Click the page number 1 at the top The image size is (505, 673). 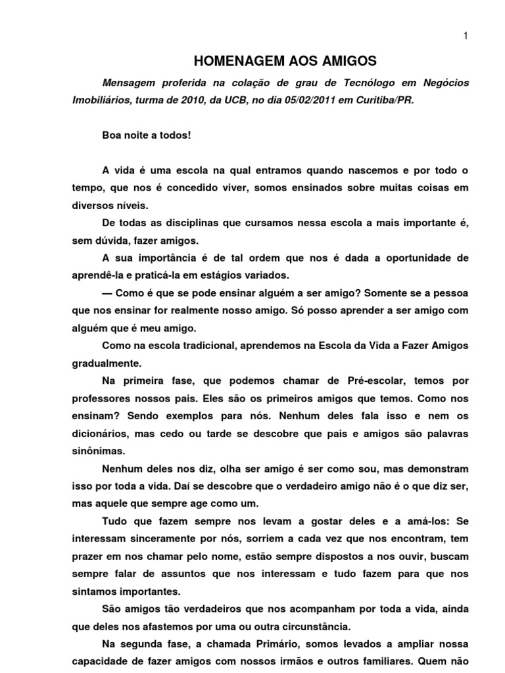tap(466, 37)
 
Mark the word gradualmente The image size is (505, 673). tap(102, 361)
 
